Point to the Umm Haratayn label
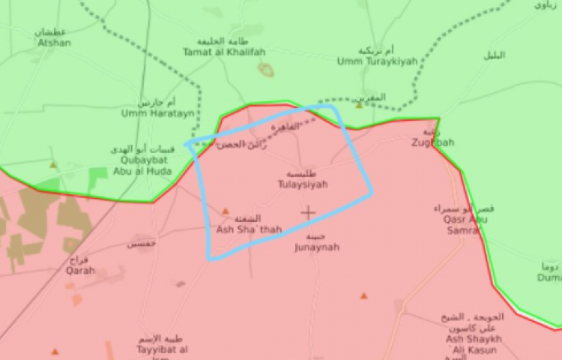(x=155, y=114)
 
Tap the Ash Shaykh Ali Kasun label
(x=474, y=342)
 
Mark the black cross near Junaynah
(x=308, y=213)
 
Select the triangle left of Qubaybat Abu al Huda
(x=52, y=164)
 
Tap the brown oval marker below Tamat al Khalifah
(x=265, y=70)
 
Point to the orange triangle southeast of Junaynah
(x=363, y=296)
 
